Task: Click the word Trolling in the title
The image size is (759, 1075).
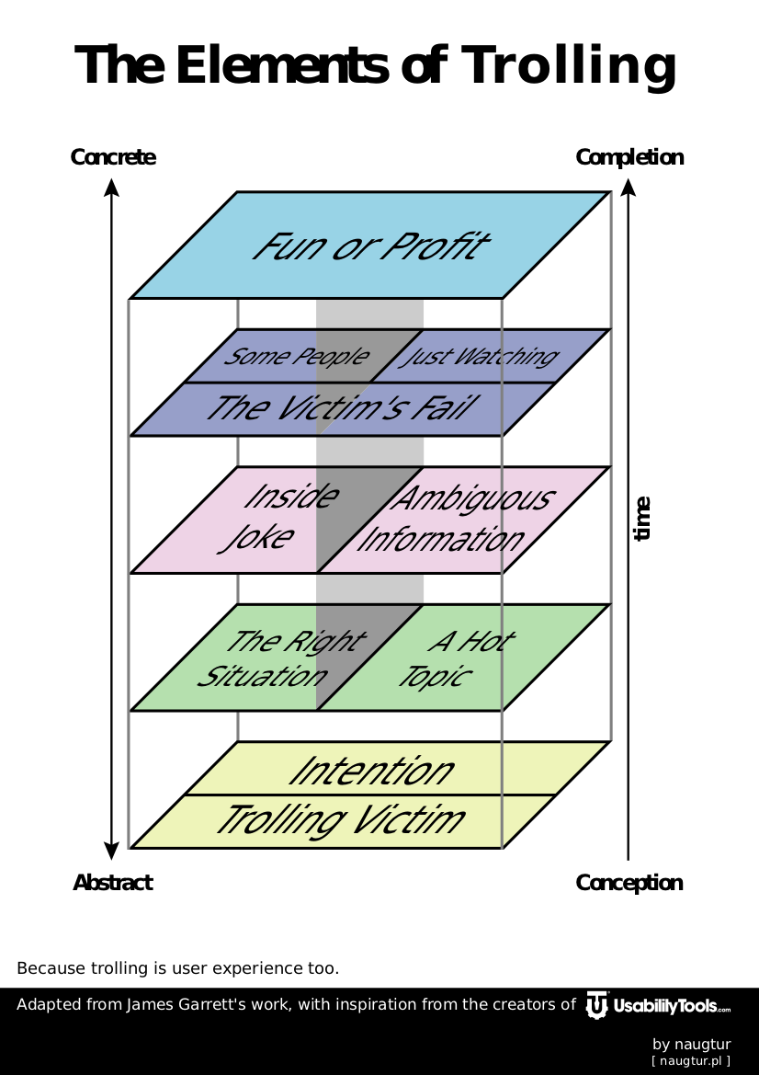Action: point(569,66)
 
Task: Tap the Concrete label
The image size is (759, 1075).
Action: point(113,157)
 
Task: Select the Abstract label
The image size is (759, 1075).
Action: point(113,883)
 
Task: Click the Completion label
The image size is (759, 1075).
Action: point(629,157)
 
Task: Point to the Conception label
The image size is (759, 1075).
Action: point(629,883)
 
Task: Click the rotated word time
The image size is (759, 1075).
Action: point(642,519)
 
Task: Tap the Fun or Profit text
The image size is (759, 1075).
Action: point(369,246)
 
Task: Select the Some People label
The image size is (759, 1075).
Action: point(296,357)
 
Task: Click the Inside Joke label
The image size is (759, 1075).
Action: point(277,517)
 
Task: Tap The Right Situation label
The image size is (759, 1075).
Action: point(280,658)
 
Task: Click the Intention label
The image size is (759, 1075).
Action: point(371,771)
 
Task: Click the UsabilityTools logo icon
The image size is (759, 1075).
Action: point(597,1005)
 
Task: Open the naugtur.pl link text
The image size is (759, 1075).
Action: point(691,1061)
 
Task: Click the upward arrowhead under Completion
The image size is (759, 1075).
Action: point(629,187)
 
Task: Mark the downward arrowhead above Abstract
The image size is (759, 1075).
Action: point(111,851)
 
